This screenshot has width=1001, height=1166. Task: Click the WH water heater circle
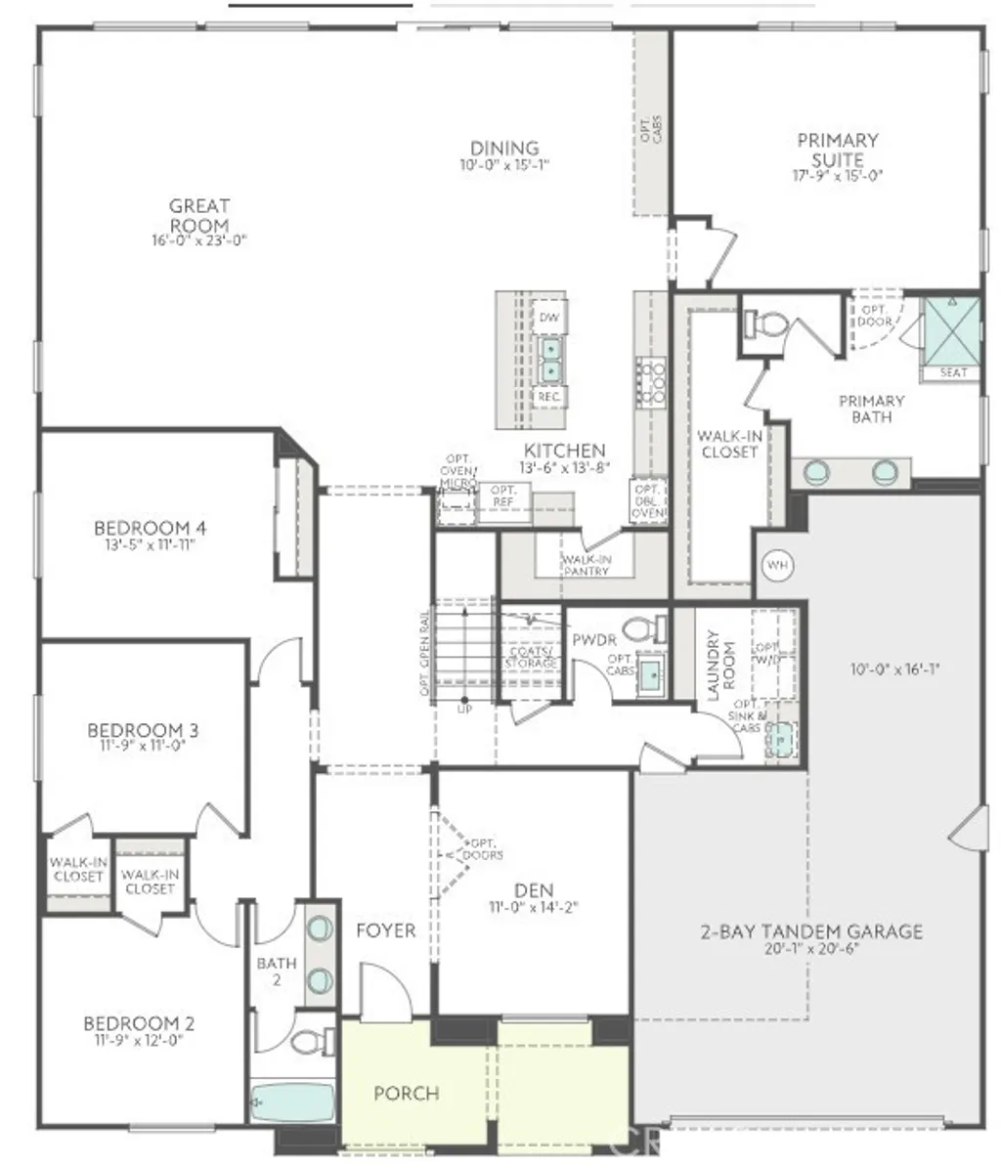pos(778,565)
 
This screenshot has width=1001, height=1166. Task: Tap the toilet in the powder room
pos(642,627)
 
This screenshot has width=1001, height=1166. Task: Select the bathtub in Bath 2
pos(291,1102)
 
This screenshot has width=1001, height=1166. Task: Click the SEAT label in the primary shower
pos(953,372)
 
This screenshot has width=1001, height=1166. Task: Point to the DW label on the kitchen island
pos(549,318)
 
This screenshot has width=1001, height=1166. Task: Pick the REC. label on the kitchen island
pos(549,397)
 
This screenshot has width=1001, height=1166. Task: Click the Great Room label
pos(199,215)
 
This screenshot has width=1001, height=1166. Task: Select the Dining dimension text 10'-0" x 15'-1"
pos(504,165)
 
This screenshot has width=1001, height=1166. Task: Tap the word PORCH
pos(406,1093)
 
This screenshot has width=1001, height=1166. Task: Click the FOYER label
pos(385,930)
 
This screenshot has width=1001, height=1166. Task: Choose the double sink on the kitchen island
pos(551,358)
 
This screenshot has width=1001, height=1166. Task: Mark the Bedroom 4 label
pos(150,529)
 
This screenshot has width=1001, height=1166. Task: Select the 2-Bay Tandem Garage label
pos(811,931)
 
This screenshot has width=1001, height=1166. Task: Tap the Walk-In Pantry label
pos(586,565)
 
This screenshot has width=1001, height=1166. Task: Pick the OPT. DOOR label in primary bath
pos(873,315)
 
